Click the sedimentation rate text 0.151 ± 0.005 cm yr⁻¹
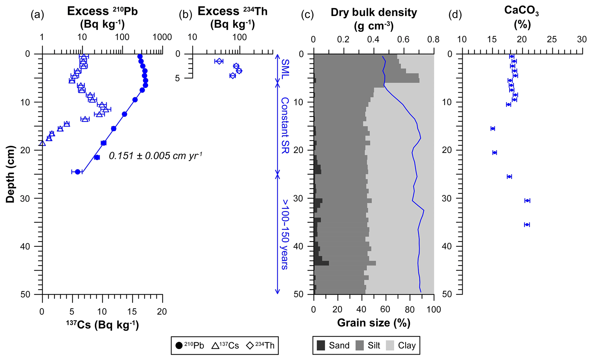click(156, 156)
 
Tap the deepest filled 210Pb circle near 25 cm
click(77, 172)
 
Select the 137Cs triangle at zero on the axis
click(43, 143)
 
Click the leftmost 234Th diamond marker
click(219, 61)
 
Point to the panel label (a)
click(37, 15)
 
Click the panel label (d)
click(455, 15)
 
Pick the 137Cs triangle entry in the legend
click(225, 346)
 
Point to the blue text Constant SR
click(285, 125)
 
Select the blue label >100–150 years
click(285, 234)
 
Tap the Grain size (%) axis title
click(374, 323)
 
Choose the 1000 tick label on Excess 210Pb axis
click(162, 37)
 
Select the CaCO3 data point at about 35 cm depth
click(527, 225)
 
